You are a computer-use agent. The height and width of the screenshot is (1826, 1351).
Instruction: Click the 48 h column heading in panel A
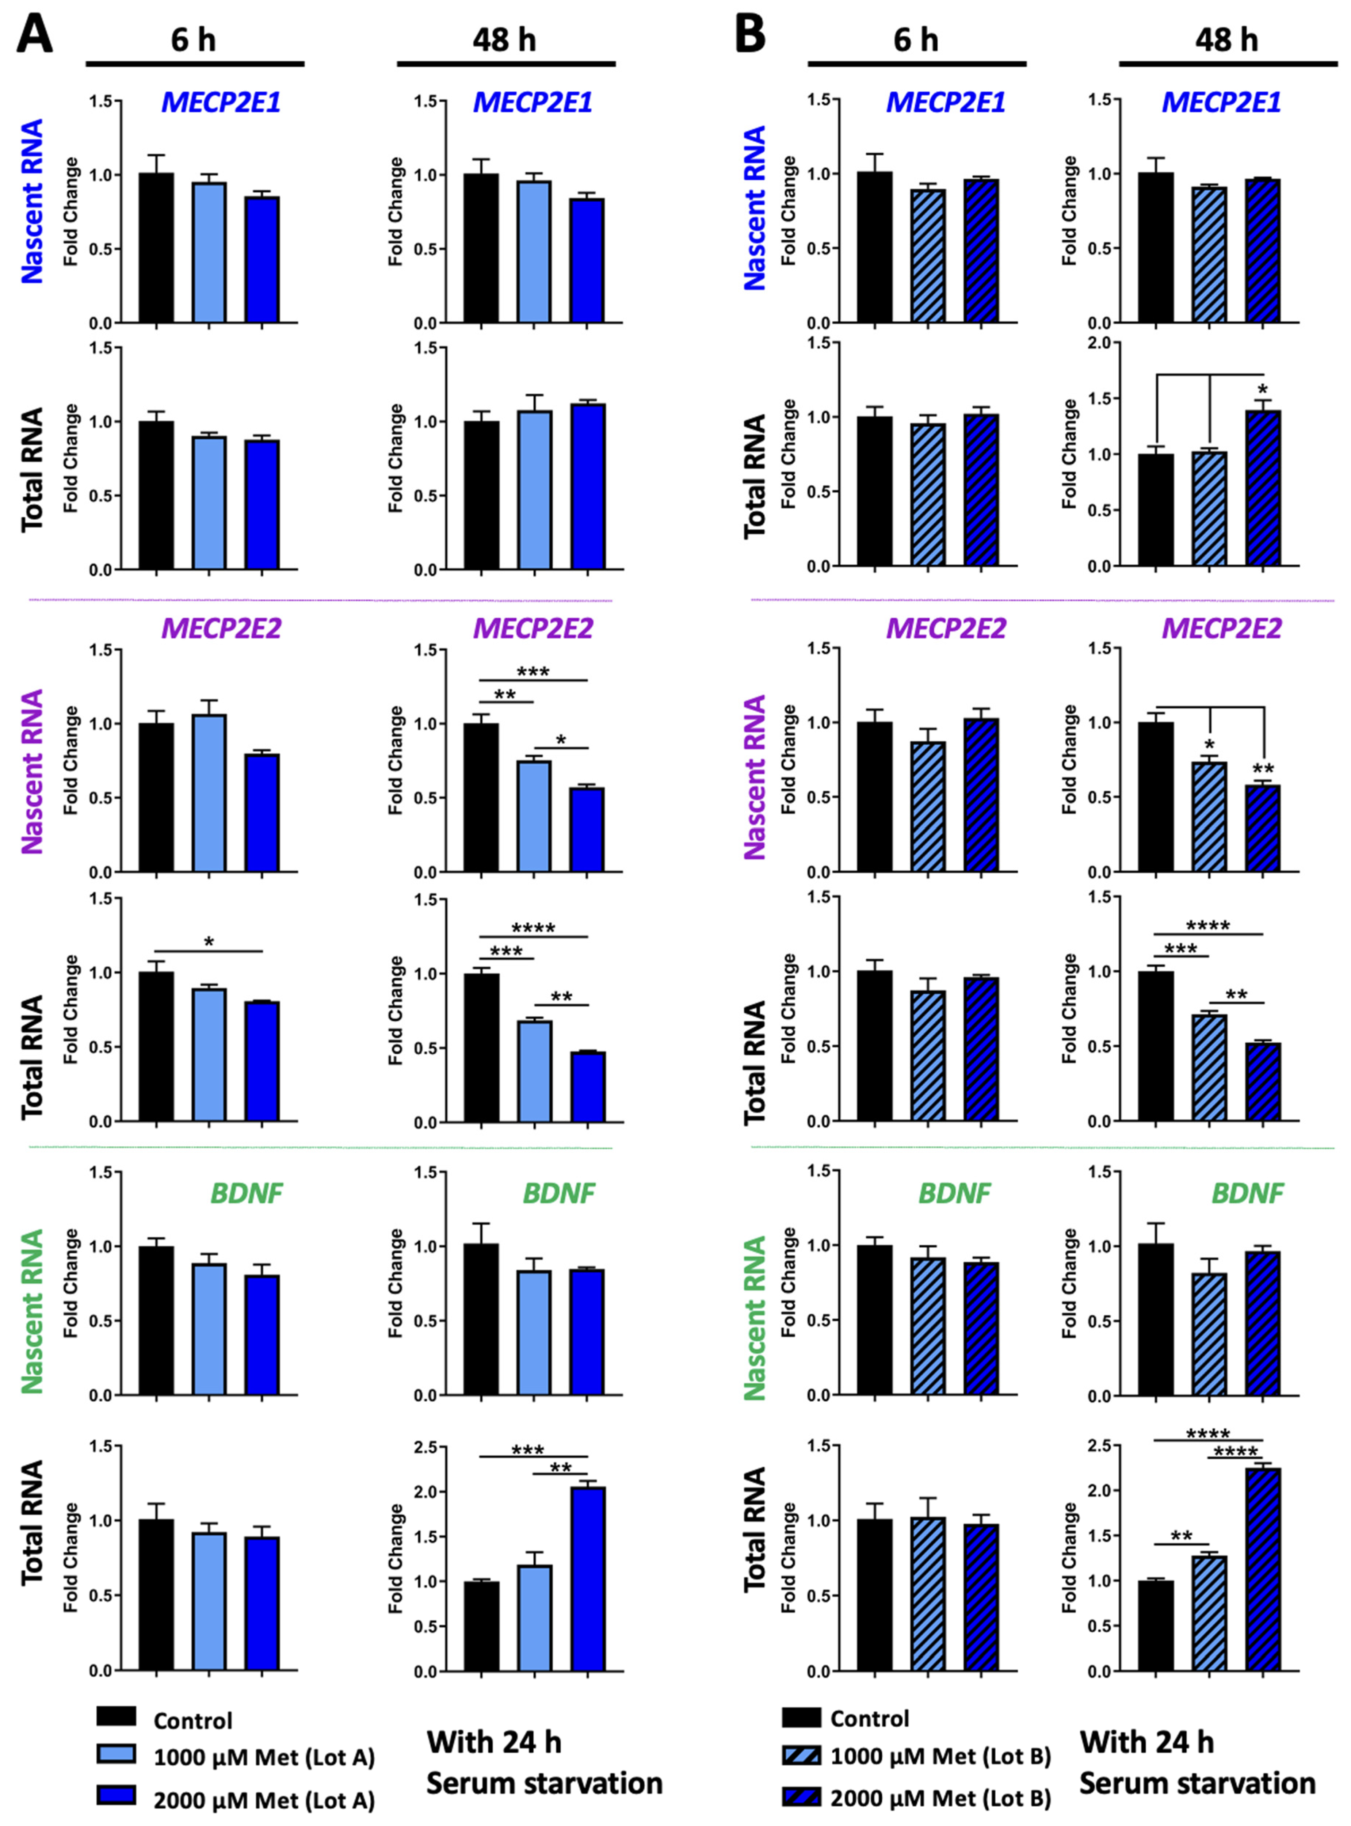pyautogui.click(x=505, y=39)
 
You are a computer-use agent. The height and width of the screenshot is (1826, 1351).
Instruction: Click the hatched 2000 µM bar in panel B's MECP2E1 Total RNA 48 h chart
pyautogui.click(x=1263, y=488)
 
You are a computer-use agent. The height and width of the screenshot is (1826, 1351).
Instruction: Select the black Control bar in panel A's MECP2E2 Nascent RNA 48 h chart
pyautogui.click(x=482, y=797)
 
